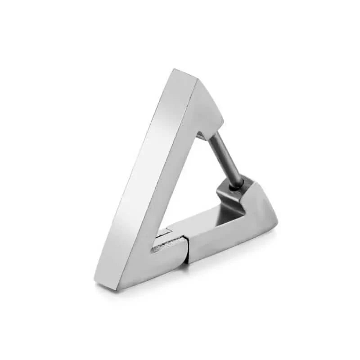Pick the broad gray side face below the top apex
(x=205, y=108)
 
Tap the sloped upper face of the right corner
(x=259, y=198)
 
